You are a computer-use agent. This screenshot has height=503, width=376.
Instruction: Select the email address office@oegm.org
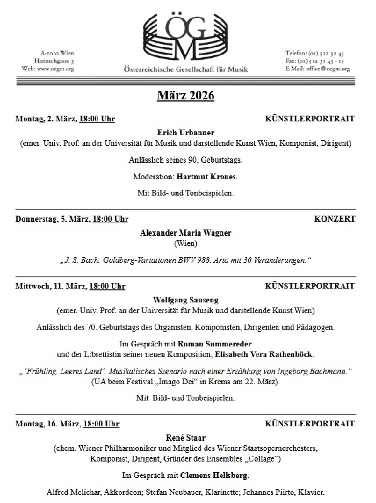(x=326, y=69)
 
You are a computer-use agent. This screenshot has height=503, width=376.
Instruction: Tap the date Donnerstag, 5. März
(x=52, y=219)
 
